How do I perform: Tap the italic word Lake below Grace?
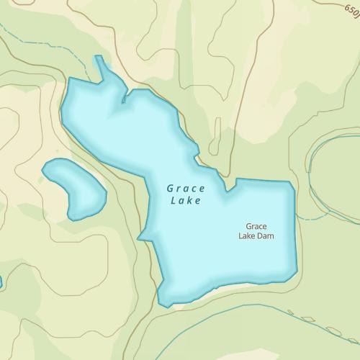click(x=186, y=201)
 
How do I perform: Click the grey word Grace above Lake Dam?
click(x=256, y=226)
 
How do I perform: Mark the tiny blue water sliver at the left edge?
click(x=1, y=282)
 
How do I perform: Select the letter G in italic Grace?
click(x=171, y=188)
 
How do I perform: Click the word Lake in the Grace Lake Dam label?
click(x=246, y=235)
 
